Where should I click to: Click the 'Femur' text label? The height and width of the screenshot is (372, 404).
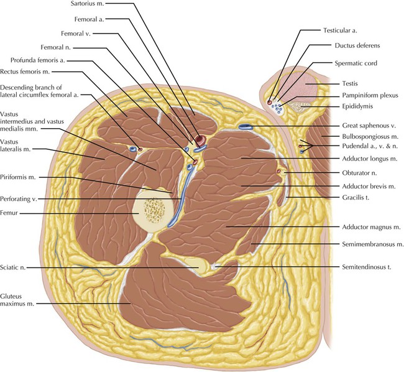pos(12,213)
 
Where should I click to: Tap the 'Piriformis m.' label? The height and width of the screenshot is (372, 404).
pos(22,177)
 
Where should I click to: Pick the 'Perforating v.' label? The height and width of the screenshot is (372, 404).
pos(22,199)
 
